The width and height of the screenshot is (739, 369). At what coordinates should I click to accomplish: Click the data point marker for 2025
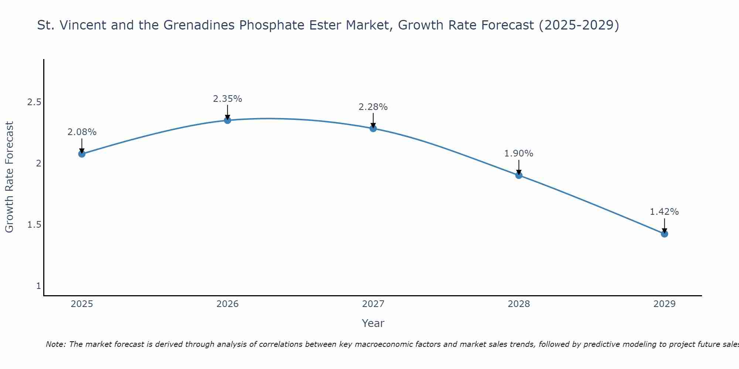(x=82, y=154)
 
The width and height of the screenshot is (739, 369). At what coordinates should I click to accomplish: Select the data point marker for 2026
(x=228, y=120)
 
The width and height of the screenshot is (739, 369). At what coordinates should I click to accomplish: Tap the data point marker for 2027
(x=373, y=128)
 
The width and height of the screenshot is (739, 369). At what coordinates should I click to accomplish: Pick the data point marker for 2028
(x=519, y=175)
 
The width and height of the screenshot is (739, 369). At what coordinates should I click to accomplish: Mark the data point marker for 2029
(x=664, y=234)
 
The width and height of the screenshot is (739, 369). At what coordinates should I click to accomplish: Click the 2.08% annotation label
(x=82, y=132)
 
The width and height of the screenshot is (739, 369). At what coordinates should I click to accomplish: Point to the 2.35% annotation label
(x=228, y=99)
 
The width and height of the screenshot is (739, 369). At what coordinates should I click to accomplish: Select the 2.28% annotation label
(x=373, y=107)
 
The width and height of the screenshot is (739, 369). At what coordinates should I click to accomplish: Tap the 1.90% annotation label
(x=519, y=154)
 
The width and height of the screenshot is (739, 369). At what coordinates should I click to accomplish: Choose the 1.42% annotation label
(x=664, y=212)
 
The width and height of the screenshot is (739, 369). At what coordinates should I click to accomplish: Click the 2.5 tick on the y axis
(x=34, y=102)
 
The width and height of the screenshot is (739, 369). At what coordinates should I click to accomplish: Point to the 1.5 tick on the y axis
(x=34, y=225)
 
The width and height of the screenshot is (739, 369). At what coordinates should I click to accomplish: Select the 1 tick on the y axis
(x=38, y=286)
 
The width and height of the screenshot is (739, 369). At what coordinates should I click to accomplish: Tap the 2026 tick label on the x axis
(x=228, y=304)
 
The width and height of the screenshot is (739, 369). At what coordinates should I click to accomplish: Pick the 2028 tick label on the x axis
(x=519, y=304)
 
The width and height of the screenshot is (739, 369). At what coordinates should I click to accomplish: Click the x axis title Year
(x=373, y=323)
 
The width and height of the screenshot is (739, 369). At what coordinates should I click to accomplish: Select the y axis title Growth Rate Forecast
(x=10, y=177)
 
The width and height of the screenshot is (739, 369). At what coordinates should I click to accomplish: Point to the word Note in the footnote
(x=55, y=344)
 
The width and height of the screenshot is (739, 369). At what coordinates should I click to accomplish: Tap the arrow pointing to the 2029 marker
(x=664, y=225)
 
